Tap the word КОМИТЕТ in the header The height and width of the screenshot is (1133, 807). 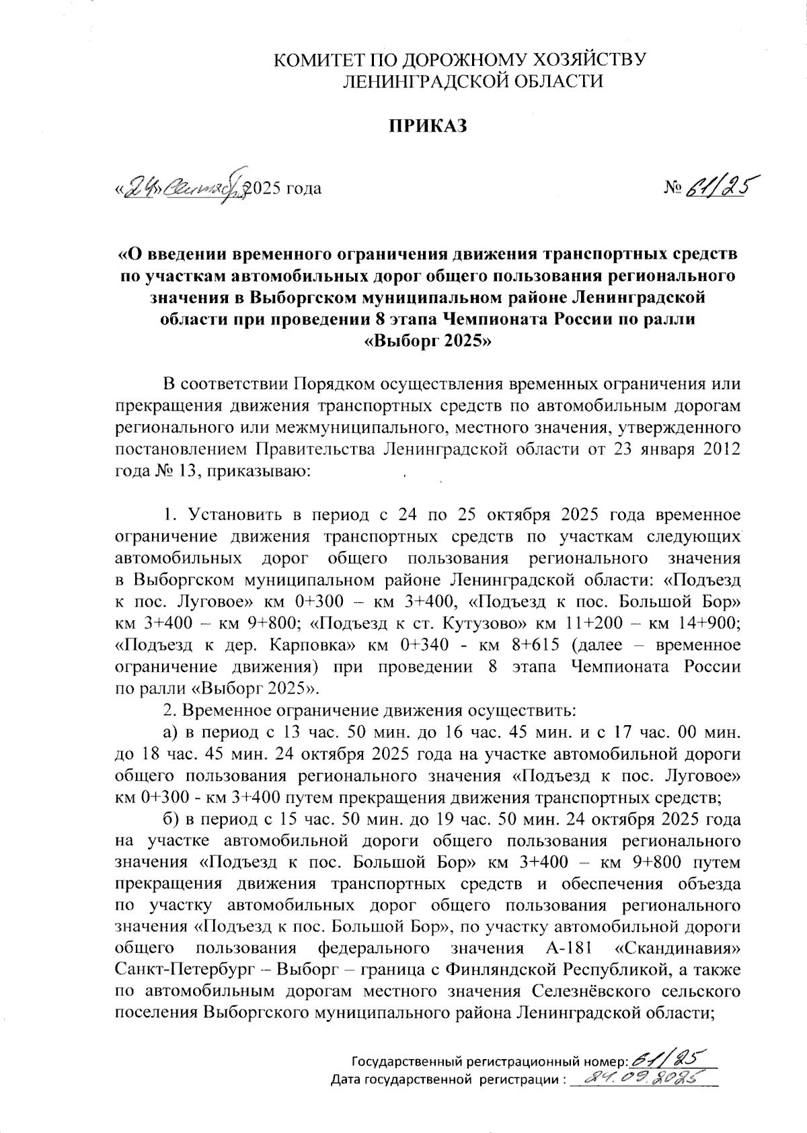pos(317,60)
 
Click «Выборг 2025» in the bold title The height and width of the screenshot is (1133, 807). pos(428,341)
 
